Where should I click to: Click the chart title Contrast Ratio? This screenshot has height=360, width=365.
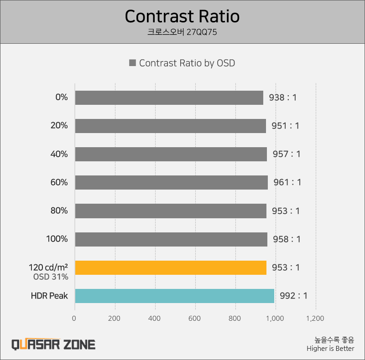(182, 16)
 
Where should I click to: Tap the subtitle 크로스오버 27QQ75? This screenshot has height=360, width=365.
(182, 32)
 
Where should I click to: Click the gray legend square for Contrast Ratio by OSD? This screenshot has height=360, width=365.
(133, 63)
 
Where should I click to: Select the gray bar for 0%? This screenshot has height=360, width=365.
(169, 98)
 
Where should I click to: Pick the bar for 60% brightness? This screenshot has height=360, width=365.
(171, 182)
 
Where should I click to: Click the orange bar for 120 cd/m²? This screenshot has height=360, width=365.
(170, 267)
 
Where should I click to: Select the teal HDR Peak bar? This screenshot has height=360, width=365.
(174, 296)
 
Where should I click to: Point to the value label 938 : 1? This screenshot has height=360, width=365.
(283, 98)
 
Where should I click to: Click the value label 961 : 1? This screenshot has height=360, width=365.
(287, 182)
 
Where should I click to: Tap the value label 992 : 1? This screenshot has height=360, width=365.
(293, 296)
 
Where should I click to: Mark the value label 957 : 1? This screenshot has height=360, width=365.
(287, 154)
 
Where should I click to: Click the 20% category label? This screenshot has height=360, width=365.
(59, 126)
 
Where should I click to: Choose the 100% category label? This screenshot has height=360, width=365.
(57, 239)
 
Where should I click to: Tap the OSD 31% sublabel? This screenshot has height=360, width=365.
(51, 277)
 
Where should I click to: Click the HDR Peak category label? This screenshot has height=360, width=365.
(49, 296)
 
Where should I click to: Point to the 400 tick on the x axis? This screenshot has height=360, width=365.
(155, 318)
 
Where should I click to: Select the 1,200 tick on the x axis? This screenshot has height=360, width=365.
(315, 318)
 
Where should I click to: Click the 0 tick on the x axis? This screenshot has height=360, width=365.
(74, 318)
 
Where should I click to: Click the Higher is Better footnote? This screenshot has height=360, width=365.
(330, 349)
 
